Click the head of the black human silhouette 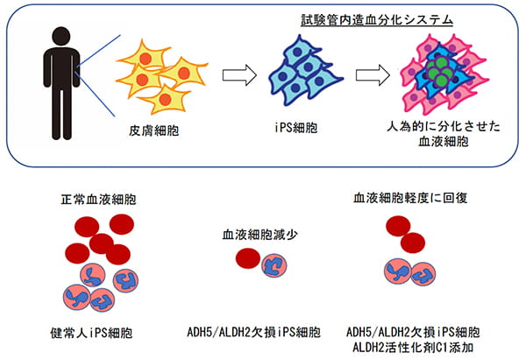pos(61,36)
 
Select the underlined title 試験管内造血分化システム pos(377,20)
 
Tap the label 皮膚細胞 pos(154,131)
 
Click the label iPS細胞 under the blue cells pos(295,128)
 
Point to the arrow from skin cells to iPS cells pos(239,74)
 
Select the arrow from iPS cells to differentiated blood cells pos(373,74)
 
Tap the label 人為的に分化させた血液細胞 pos(444,134)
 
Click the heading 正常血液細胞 pos(98,200)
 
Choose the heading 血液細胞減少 pos(260,234)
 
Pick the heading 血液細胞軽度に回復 pos(410,198)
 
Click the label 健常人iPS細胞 pos(91,333)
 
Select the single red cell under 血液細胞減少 pos(248,258)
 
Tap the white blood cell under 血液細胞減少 pos(274,265)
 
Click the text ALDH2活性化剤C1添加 pos(413,347)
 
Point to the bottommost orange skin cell pos(165,99)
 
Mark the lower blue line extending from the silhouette pos(95,94)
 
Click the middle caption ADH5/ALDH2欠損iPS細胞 pos(254,332)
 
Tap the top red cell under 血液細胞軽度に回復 pos(398,226)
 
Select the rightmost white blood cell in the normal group pos(125,280)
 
